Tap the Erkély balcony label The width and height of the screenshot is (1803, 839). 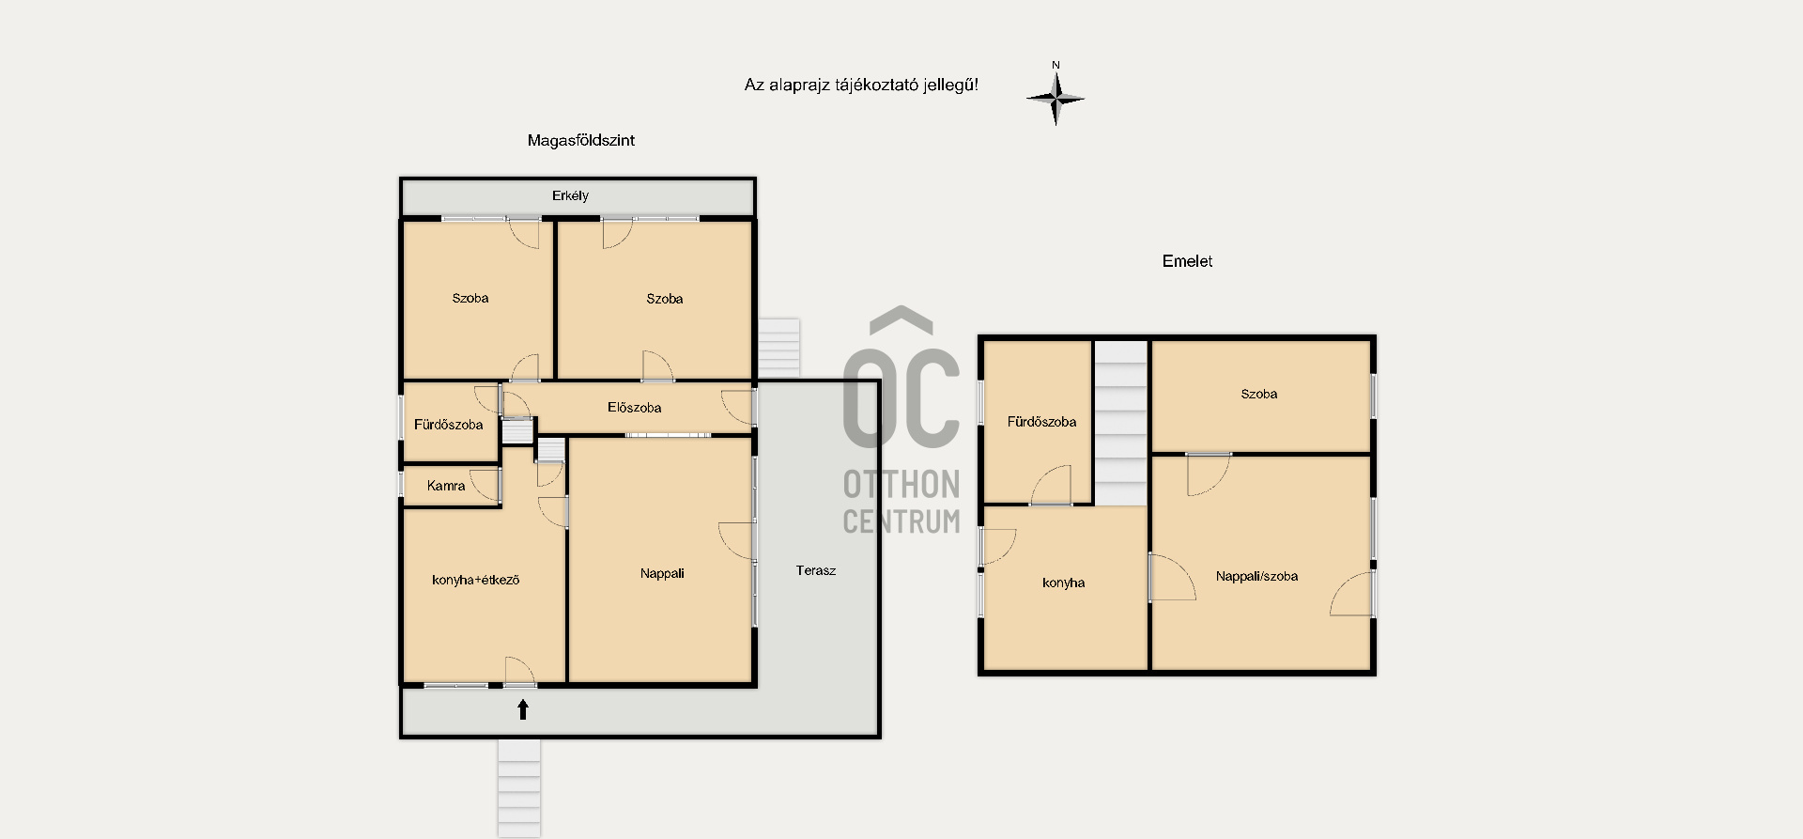[570, 195]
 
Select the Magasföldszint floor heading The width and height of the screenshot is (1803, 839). [580, 140]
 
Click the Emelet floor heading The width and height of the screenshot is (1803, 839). [1187, 261]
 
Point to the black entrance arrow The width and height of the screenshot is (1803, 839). [523, 709]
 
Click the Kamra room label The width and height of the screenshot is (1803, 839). [446, 486]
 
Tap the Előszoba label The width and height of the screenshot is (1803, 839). [634, 408]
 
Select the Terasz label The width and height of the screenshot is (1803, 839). [815, 570]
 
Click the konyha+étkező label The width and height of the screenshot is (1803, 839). [475, 580]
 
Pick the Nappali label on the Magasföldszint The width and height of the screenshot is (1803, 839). [662, 573]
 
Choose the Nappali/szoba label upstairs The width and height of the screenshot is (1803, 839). [1256, 576]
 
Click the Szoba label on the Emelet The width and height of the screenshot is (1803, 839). [1258, 394]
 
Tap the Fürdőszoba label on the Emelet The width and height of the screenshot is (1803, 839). [1041, 422]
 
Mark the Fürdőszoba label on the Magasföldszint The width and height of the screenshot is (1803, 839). [448, 425]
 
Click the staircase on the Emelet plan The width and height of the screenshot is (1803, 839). [1121, 423]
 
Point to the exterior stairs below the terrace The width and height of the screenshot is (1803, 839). [518, 787]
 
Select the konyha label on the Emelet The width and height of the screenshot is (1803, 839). [1063, 583]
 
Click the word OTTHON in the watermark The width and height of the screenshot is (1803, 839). [901, 485]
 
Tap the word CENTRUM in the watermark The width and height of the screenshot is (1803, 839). [901, 520]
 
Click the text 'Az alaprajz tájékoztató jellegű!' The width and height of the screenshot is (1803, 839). [861, 85]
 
